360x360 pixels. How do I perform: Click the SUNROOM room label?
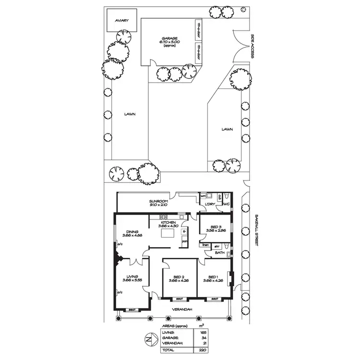157,202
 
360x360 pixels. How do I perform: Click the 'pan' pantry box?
183,241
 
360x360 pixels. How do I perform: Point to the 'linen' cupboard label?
205,245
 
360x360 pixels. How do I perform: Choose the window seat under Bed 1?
213,299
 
